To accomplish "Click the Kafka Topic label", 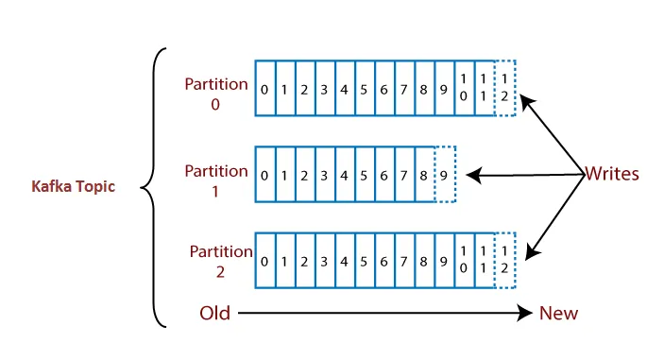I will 73,187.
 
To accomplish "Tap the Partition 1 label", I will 216,180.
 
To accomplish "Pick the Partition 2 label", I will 220,261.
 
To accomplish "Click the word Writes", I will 613,174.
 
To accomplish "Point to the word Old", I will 215,313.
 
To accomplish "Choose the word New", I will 558,313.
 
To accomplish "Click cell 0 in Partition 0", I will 265,89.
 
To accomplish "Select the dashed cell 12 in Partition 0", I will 505,89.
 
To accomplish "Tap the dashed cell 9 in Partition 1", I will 445,175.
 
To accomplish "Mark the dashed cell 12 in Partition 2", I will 505,261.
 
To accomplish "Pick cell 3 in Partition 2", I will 325,261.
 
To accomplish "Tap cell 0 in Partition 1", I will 265,175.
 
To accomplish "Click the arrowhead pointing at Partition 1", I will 473,175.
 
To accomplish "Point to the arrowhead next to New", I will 525,313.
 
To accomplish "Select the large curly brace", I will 151,187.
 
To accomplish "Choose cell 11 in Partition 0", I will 485,89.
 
